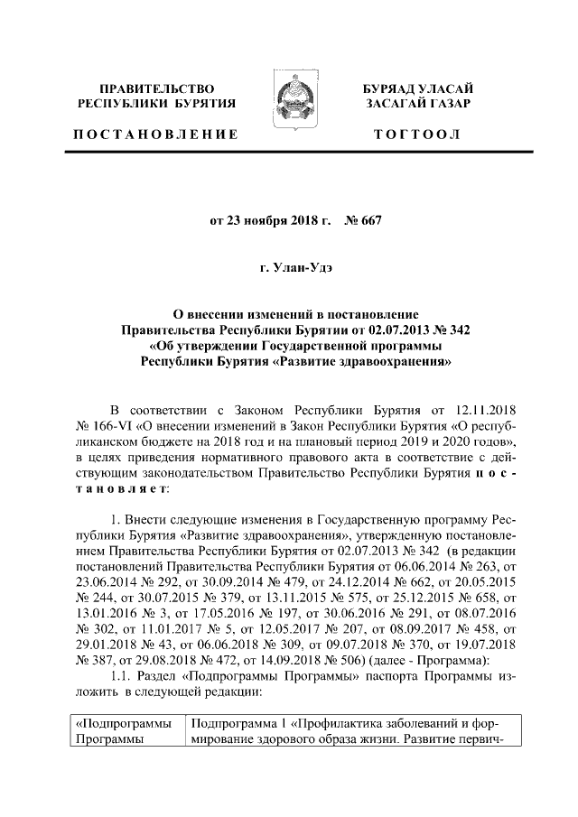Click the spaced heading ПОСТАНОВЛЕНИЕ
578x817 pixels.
tap(157, 135)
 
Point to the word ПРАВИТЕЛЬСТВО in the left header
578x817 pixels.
tap(157, 88)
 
